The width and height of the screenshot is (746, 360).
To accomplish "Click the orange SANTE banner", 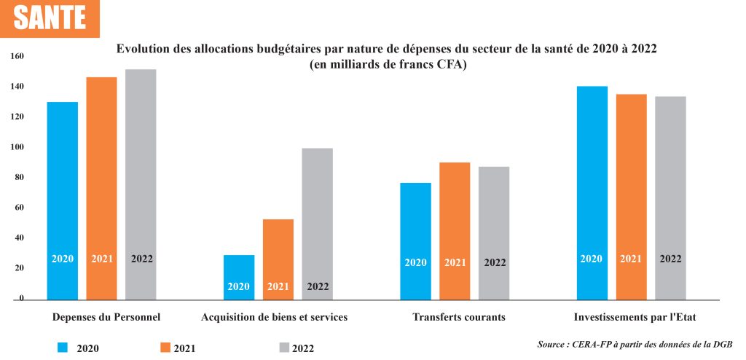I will [50, 18].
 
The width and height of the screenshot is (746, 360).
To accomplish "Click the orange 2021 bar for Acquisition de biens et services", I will [278, 259].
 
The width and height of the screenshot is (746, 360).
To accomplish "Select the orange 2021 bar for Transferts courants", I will [455, 230].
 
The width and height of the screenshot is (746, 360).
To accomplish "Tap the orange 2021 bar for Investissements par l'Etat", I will [631, 197].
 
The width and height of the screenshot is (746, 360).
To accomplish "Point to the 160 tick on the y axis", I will [17, 56].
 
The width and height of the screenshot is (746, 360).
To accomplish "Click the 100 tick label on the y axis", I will [17, 147].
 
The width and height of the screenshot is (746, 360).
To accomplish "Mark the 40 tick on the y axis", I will [19, 238].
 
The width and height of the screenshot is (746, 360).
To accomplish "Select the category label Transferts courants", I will [458, 317].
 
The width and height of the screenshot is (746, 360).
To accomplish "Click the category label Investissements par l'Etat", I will [635, 317].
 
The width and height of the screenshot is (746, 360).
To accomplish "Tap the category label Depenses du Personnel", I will [106, 317].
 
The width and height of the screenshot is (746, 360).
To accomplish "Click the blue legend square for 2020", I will [63, 347].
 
